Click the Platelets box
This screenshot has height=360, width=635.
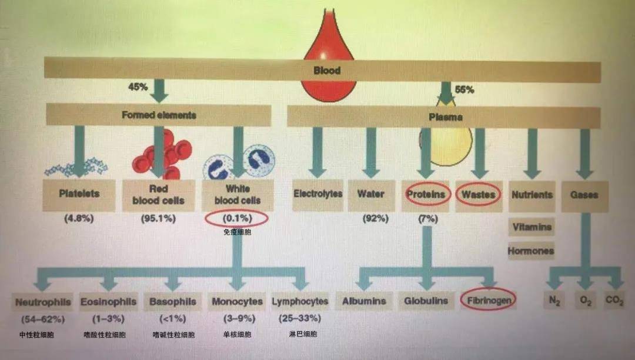[79, 195]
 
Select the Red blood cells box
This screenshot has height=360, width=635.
[158, 195]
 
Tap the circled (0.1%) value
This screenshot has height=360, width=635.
[237, 219]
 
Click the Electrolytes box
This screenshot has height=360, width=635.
[318, 195]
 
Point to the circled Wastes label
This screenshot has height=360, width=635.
[478, 195]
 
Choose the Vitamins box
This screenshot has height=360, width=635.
[532, 227]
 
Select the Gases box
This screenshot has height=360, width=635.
[584, 196]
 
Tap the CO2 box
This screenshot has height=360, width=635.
[614, 301]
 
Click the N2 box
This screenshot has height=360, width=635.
[554, 301]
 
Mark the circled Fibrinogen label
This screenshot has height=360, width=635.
[489, 301]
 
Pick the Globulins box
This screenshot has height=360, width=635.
[426, 301]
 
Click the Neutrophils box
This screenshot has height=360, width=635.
[43, 302]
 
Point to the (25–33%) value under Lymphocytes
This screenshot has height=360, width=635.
[300, 319]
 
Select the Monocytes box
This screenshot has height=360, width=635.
[238, 302]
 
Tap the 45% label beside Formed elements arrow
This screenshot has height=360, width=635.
[138, 86]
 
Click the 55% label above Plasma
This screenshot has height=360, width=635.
[464, 89]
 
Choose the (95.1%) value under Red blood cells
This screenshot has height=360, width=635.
[158, 219]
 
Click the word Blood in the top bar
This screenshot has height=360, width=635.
[327, 71]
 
